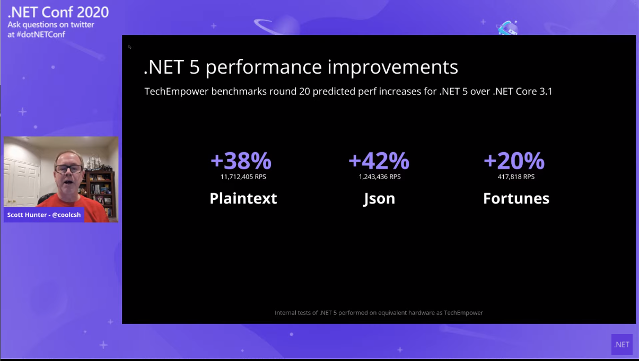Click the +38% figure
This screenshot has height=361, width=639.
[x=241, y=161]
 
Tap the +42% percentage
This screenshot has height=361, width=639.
[x=379, y=161]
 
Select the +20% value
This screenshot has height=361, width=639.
[x=514, y=161]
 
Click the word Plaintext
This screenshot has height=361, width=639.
[x=243, y=198]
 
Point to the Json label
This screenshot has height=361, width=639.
[x=379, y=199]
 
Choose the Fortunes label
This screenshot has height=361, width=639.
[x=517, y=198]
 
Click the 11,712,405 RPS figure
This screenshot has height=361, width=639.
[x=243, y=177]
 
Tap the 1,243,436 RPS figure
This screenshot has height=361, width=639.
[x=380, y=177]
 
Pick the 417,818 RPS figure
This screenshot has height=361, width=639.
[x=516, y=177]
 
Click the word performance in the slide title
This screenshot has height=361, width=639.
[x=264, y=68]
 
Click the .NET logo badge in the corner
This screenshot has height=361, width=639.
[x=622, y=345]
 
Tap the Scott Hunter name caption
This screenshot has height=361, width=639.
[x=44, y=215]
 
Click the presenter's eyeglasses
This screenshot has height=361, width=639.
[x=69, y=169]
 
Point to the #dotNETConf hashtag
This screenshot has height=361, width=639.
[x=41, y=34]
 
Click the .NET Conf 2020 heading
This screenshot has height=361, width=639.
[x=58, y=12]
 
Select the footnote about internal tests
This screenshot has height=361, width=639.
[x=379, y=313]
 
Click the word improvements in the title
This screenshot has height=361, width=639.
[x=393, y=67]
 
